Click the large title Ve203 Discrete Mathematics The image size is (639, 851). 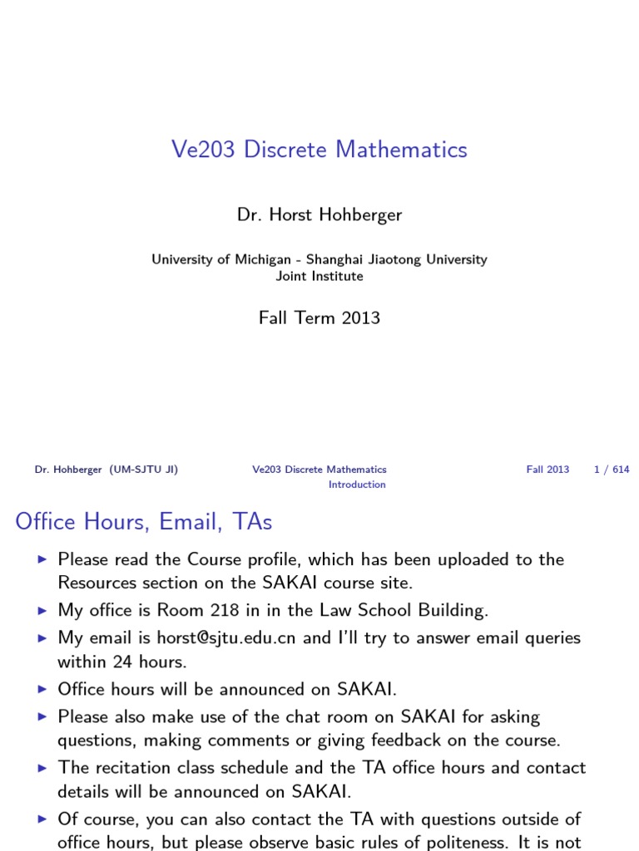click(319, 150)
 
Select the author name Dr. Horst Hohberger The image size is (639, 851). click(319, 214)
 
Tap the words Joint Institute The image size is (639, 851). click(319, 276)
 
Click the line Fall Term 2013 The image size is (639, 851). click(319, 317)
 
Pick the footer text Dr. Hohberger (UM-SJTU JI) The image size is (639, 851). click(106, 470)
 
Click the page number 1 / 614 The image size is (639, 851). click(612, 470)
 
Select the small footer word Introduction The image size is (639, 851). click(357, 485)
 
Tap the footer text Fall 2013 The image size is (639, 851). click(547, 470)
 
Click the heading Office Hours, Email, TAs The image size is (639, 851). click(144, 521)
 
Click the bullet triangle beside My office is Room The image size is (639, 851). click(43, 611)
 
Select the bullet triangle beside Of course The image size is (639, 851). click(43, 820)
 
